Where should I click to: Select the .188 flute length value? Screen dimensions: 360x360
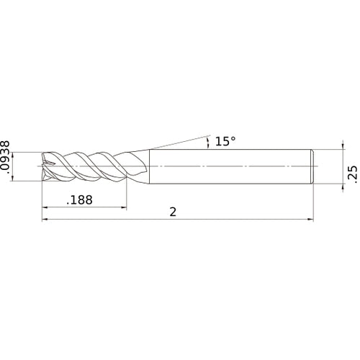[x=79, y=202]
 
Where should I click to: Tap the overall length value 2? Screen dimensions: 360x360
[x=173, y=212]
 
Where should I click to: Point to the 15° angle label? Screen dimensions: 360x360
[x=225, y=141]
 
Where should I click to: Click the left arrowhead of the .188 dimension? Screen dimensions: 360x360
[x=46, y=207]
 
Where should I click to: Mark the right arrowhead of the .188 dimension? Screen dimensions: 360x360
[x=123, y=207]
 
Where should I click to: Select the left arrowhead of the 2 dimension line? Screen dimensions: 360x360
[x=46, y=220]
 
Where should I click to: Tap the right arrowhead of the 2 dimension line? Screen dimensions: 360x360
[x=311, y=220]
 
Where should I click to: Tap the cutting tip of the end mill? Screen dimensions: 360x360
[x=45, y=166]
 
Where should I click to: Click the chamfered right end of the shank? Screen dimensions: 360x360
[x=312, y=166]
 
